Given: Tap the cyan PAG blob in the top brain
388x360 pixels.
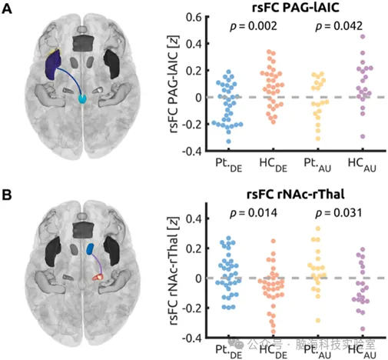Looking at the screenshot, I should tap(84, 99).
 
